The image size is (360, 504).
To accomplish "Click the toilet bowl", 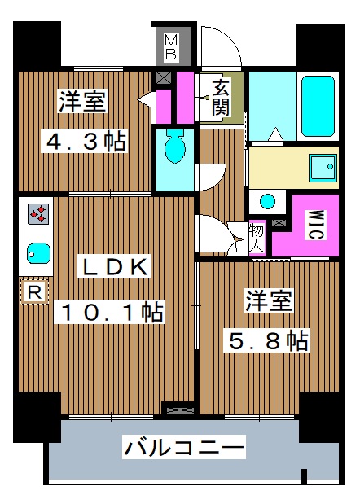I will coord(174,147).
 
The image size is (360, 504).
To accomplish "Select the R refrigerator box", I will coord(34,291).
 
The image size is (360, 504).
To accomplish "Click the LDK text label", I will coord(113,268).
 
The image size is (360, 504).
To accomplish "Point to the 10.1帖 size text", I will coord(109,312).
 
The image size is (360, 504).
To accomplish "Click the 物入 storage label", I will coord(257,236).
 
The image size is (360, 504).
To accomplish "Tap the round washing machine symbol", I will coord(267,201).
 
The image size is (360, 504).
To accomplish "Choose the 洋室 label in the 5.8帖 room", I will coord(269,302).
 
